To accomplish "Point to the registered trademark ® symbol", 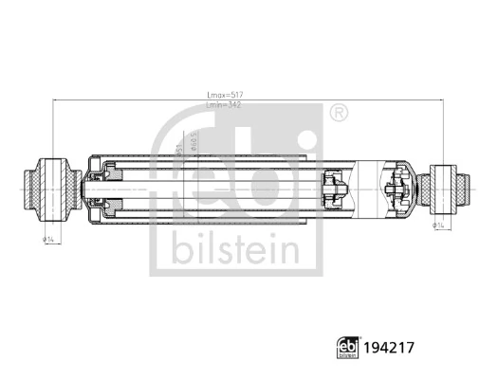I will point(338,114).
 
